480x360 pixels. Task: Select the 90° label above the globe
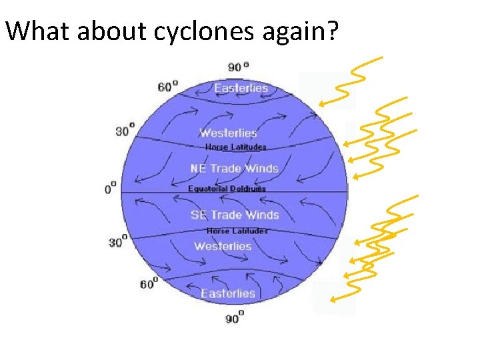[x=238, y=67]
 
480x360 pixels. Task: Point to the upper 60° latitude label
[x=168, y=86]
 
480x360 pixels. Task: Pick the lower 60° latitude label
[x=149, y=284]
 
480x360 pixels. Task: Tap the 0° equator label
[x=111, y=188]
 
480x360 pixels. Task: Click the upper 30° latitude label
[x=125, y=130]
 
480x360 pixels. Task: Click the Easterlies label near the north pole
[x=241, y=88]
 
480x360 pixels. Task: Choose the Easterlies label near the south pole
[x=228, y=294]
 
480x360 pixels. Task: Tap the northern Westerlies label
[x=228, y=133]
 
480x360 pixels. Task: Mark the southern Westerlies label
[x=223, y=246]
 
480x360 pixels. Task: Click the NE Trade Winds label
[x=234, y=168]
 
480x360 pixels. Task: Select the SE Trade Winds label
[x=234, y=215]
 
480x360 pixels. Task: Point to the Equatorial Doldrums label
[x=227, y=189]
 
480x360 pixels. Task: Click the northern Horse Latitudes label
[x=235, y=147]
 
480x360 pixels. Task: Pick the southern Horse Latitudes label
[x=237, y=231]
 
